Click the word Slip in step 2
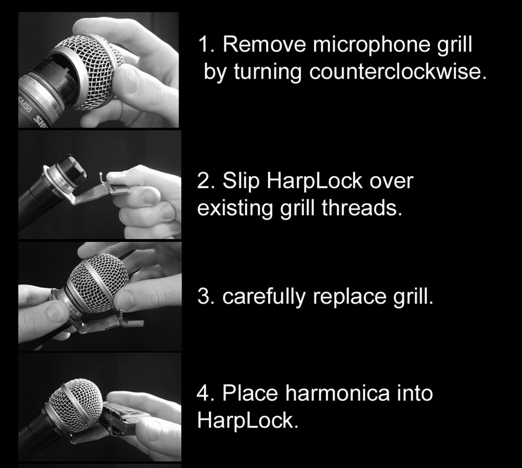(x=242, y=181)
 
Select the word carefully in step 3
(x=264, y=297)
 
